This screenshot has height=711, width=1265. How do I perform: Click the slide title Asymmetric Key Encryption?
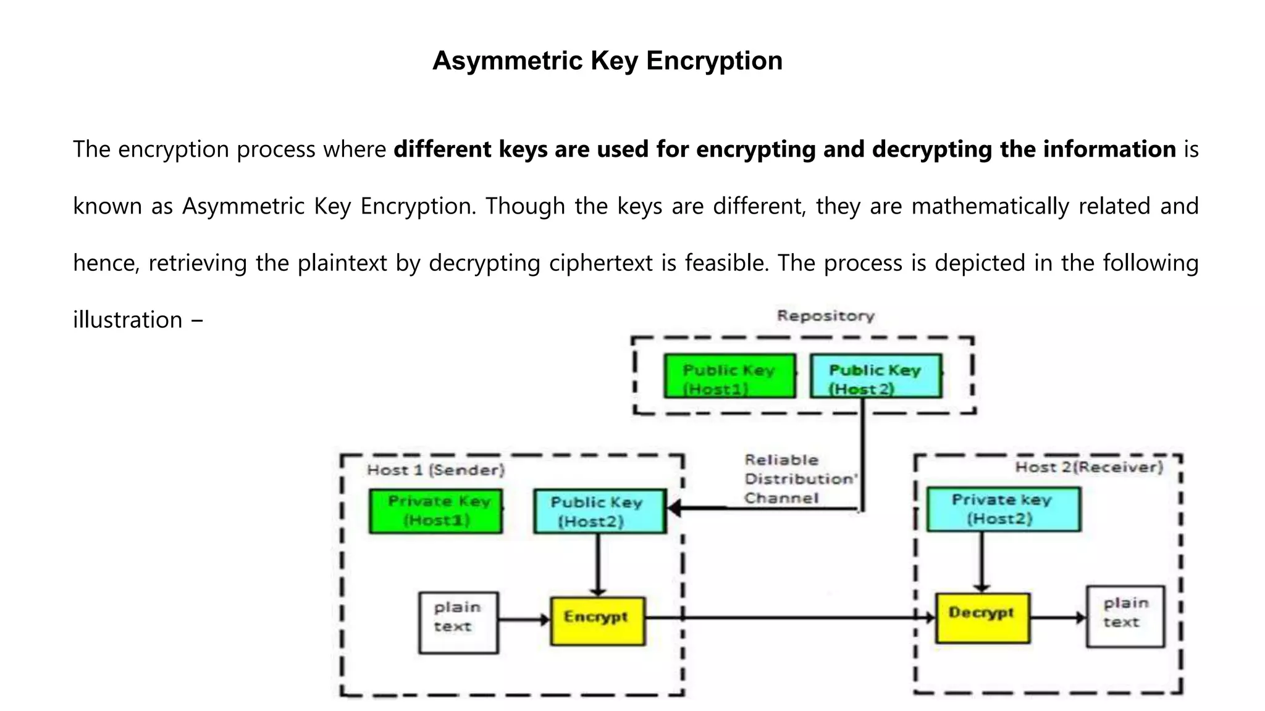pos(607,60)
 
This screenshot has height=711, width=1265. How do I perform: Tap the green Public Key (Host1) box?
pos(729,376)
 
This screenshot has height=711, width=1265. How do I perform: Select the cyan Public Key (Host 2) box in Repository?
pos(876,376)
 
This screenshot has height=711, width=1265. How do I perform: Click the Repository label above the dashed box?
pos(825,316)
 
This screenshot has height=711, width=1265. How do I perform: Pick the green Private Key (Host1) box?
pos(435,511)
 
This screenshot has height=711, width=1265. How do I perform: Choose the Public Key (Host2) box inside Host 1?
pos(600,511)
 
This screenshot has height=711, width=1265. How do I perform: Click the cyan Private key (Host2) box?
pos(1003,509)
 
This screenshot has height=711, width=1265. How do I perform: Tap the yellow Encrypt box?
pos(597,621)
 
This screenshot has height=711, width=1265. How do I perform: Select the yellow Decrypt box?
pos(982,618)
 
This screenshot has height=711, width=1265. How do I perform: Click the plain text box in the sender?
pos(458,622)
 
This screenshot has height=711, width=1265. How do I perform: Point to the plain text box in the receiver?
pos(1125,616)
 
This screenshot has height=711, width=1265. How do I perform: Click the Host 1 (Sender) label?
pos(435,470)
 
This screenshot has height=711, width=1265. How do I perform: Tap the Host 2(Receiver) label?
pos(1088,467)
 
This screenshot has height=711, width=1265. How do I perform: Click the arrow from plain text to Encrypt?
pos(524,620)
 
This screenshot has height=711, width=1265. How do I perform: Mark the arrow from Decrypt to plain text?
pos(1057,617)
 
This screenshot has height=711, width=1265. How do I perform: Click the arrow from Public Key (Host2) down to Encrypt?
pos(598,564)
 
